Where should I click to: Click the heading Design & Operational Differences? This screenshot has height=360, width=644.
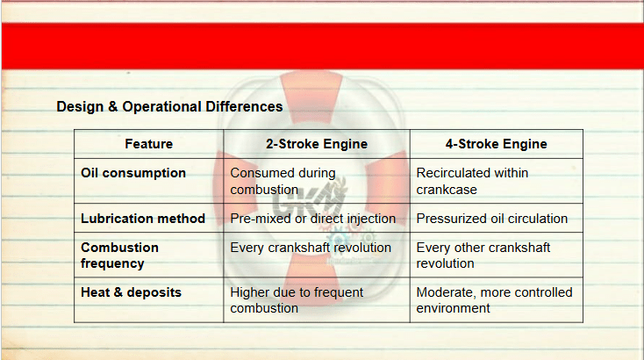[x=169, y=107]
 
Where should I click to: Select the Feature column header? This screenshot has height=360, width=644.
[x=148, y=144]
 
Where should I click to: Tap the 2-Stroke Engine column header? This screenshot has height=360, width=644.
[x=317, y=144]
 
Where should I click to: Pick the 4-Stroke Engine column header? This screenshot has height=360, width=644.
[x=496, y=144]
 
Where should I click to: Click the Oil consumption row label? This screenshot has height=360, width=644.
[x=133, y=173]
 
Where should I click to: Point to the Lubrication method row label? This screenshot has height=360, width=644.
[x=143, y=219]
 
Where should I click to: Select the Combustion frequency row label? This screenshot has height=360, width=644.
[x=119, y=256]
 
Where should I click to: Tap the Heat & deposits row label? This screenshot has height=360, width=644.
[x=131, y=292]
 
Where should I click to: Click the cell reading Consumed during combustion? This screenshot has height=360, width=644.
[x=283, y=181]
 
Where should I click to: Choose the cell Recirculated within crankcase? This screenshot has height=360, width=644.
[x=472, y=181]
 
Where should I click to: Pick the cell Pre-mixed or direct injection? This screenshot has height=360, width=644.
[x=313, y=219]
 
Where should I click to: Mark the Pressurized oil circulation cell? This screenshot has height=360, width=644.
[x=492, y=219]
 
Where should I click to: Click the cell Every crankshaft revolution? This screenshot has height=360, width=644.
[x=311, y=248]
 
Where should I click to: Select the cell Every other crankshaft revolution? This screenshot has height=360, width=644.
[x=483, y=256]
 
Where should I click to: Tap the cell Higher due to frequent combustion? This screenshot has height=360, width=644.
[x=297, y=300]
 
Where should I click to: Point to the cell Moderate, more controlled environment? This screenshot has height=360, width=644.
[x=495, y=300]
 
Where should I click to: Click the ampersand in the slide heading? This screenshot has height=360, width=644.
[x=113, y=107]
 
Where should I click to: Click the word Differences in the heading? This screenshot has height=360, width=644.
[x=244, y=107]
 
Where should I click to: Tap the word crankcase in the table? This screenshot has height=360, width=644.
[x=447, y=190]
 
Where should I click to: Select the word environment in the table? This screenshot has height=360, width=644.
[x=454, y=308]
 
